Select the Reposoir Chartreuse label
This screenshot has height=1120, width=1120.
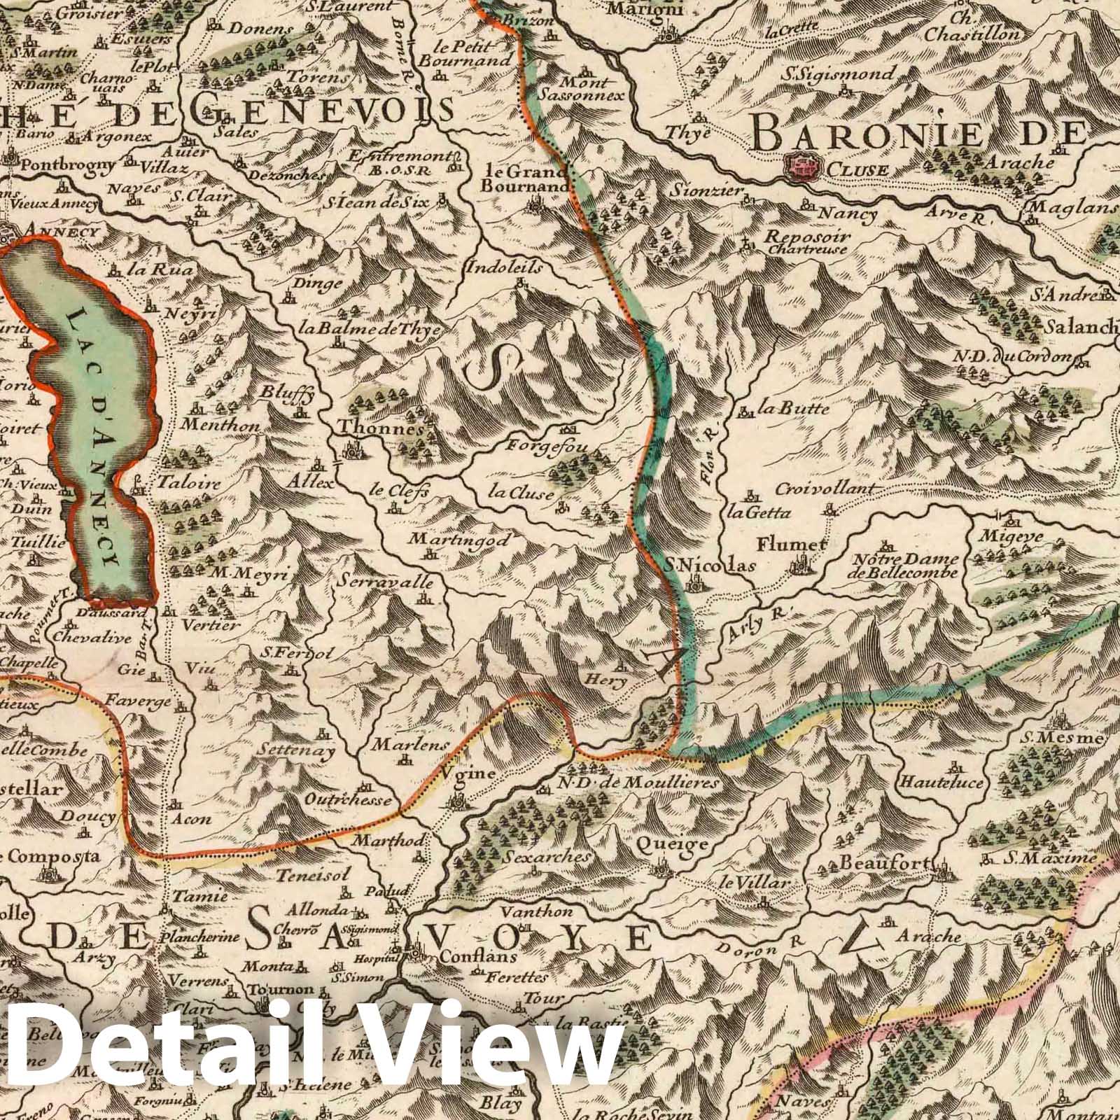pos(806,241)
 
